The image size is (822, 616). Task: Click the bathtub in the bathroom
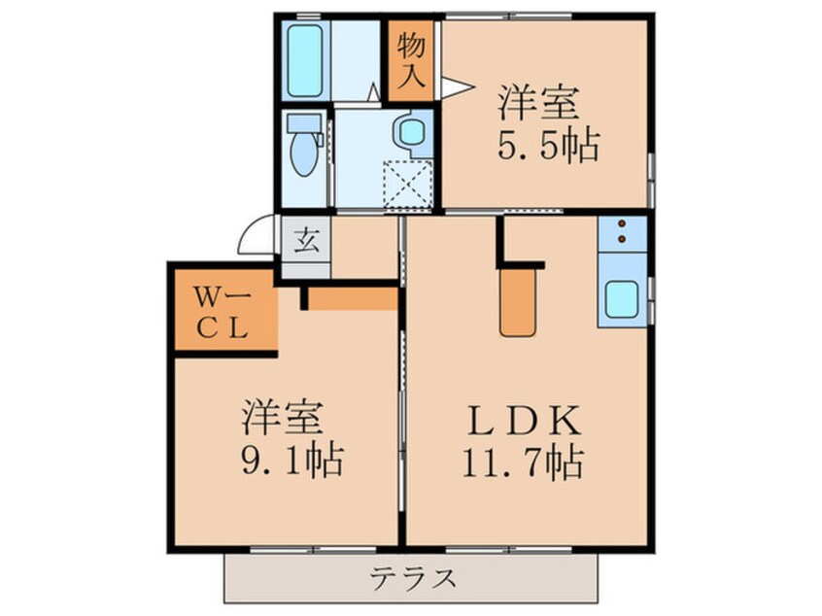click(304, 60)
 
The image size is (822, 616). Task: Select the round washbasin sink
click(412, 132)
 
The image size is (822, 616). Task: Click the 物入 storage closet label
click(410, 60)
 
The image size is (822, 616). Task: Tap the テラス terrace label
click(412, 578)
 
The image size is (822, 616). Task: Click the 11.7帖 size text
click(523, 462)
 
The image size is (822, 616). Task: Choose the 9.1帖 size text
click(292, 460)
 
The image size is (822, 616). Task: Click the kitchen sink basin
click(622, 299)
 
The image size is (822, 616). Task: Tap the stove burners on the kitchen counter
click(622, 231)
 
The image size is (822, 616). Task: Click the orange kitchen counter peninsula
click(518, 302)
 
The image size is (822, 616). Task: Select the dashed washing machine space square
click(408, 185)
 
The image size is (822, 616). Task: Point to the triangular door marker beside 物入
click(457, 86)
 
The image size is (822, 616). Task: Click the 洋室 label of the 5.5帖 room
click(538, 102)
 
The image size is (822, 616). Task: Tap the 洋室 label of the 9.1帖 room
click(282, 417)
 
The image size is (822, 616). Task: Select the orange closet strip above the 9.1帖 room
click(353, 298)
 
